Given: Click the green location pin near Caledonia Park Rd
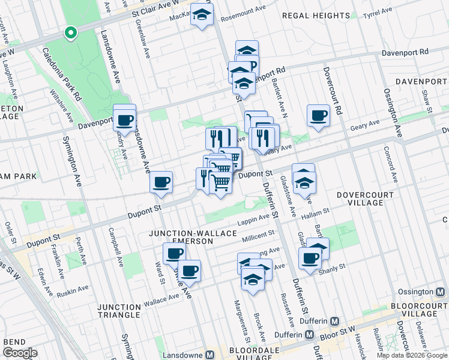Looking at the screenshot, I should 71,33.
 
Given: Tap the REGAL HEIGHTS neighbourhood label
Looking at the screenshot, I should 316,16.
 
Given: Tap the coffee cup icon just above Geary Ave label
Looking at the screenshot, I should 318,115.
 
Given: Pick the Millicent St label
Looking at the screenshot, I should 258,236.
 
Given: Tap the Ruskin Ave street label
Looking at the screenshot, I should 74,293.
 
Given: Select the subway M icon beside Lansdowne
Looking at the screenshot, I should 209,355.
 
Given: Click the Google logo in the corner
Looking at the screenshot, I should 20,353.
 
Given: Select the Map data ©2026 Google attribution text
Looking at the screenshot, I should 412,355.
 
